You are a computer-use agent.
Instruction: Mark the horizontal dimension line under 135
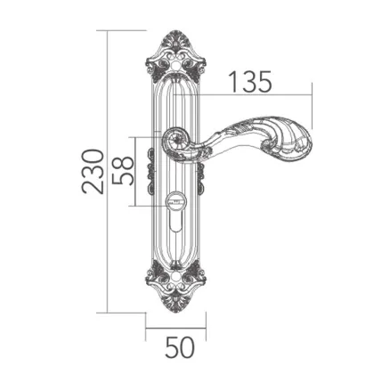point(258,94)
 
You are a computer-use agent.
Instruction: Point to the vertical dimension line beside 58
point(136,172)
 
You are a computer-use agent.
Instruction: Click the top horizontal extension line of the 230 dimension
point(125,29)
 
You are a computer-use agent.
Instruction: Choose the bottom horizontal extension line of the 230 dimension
point(125,312)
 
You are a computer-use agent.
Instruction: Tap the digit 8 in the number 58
point(125,162)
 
